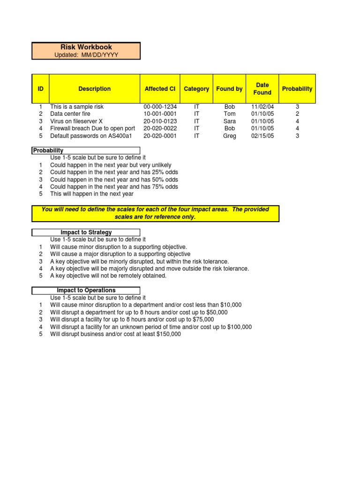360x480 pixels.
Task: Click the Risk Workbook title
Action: pos(86,47)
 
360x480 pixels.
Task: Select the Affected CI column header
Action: pos(160,89)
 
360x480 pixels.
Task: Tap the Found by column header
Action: pos(229,89)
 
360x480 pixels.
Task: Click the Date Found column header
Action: pos(262,89)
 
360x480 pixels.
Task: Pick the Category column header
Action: pos(196,89)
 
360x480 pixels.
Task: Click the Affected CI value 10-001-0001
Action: pos(160,114)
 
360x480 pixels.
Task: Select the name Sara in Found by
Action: pos(230,121)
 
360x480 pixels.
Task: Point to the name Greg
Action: pos(230,136)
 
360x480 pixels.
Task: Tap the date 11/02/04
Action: pos(262,107)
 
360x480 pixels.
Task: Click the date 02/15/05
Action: pos(262,136)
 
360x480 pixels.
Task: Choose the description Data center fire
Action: pos(70,114)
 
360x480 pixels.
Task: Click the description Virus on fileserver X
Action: pos(76,121)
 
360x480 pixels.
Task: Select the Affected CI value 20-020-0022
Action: pos(160,128)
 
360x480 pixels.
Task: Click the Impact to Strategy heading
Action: pos(86,232)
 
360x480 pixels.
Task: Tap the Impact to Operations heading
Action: pos(86,291)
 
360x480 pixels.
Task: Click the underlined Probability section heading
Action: pos(48,150)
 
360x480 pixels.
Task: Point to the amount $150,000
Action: pos(169,334)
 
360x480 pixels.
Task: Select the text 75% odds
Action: pos(166,187)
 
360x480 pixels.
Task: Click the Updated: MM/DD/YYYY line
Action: pos(86,55)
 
